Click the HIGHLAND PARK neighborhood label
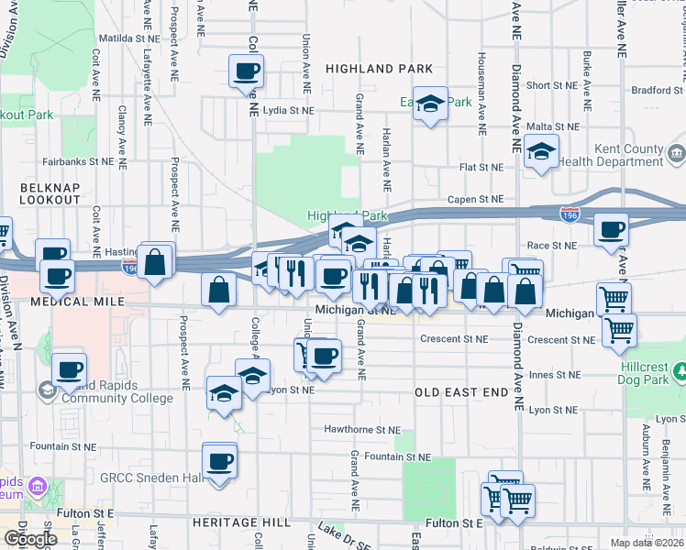379,69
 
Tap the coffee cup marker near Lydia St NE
247,73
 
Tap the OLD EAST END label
460,391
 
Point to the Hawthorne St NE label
362,429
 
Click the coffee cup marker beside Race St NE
611,231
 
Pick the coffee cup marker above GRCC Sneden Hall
219,461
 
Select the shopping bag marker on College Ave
219,291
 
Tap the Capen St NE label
475,199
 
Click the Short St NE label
550,85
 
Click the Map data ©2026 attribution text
647,543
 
